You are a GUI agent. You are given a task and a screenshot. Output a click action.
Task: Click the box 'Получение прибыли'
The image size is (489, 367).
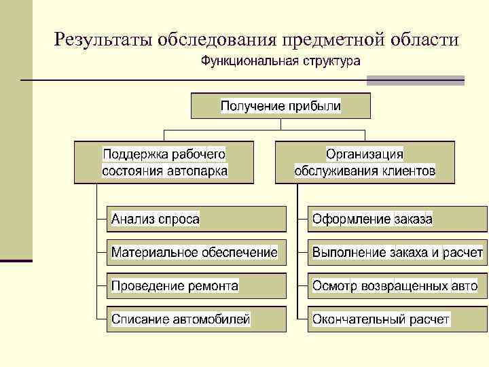click(x=280, y=106)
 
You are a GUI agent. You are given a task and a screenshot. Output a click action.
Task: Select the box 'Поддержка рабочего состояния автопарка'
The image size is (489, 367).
click(x=164, y=162)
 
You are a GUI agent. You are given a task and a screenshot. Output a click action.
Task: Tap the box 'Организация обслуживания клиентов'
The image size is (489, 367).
click(x=365, y=162)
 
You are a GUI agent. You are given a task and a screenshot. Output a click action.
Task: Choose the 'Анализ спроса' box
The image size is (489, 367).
click(x=197, y=219)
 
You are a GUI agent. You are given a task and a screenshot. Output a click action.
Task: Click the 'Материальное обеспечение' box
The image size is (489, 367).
click(x=197, y=252)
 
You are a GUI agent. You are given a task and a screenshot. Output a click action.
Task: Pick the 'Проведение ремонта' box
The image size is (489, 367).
click(x=197, y=285)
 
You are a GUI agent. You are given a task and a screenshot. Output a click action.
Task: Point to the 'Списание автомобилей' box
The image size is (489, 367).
click(x=197, y=318)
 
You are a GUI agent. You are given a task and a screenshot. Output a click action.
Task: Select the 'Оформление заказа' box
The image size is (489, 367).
click(x=397, y=219)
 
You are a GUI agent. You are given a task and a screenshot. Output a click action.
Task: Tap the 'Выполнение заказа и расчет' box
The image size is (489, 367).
click(x=397, y=252)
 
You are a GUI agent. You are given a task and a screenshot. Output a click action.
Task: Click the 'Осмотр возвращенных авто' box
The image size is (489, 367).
click(x=397, y=285)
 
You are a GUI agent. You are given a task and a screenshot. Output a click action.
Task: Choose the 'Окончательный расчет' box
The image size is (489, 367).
click(x=397, y=318)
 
